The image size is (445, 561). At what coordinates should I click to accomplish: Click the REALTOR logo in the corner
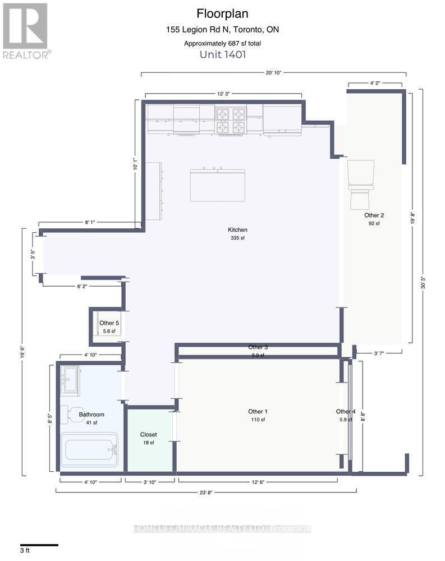pos(26,30)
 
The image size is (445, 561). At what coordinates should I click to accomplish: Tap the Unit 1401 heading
pos(223,54)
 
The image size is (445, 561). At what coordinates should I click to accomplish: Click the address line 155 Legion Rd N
pos(222,30)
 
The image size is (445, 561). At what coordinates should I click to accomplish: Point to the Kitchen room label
pos(237,230)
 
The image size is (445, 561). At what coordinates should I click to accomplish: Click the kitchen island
pos(217,185)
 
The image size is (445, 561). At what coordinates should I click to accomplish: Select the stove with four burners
pos(231,121)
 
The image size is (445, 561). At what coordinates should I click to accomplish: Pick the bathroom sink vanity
pos(71,380)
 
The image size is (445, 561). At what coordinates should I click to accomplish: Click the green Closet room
pos(149,440)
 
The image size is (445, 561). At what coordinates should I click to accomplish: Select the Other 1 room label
pos(257,412)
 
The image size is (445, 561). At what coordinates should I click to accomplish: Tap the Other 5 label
pos(109,323)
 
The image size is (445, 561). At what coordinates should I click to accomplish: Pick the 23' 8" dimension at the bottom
pos(205,494)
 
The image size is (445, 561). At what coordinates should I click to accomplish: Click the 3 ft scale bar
pos(39,545)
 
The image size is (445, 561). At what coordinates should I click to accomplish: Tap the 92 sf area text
pos(373,223)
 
